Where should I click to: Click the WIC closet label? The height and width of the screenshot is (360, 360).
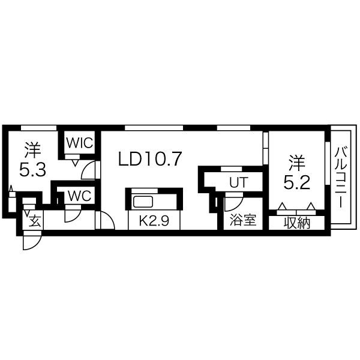(x=80, y=143)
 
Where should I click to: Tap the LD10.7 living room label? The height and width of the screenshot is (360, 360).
(x=150, y=159)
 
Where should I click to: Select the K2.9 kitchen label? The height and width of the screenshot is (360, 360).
(x=154, y=221)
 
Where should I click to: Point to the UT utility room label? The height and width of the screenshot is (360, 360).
(x=239, y=182)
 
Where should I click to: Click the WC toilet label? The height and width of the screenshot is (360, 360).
(x=79, y=196)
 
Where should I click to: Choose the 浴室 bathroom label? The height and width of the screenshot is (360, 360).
(x=243, y=220)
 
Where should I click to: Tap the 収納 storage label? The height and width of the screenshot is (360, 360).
(x=297, y=223)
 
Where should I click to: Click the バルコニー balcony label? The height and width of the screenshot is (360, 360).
(x=340, y=178)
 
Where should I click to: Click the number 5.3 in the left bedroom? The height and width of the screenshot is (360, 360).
(x=32, y=169)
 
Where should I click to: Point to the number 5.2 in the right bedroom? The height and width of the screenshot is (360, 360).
(x=296, y=182)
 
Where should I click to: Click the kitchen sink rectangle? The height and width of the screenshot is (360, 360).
(x=143, y=202)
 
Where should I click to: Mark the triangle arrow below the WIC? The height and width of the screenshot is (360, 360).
(x=75, y=163)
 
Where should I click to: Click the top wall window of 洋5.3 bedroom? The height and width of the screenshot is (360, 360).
(x=38, y=128)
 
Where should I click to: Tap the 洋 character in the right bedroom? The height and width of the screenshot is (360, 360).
(x=297, y=163)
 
